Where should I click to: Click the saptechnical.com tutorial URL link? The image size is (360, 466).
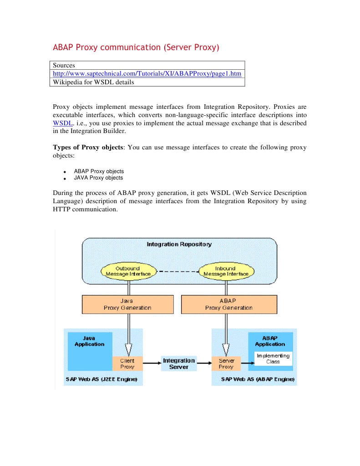pos(147,73)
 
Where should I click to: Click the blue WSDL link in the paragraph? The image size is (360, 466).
pos(62,123)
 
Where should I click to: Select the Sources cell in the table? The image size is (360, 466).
pos(64,65)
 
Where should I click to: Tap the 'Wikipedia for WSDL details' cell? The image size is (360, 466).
pos(93,82)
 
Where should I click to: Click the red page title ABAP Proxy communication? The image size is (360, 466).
pos(136,47)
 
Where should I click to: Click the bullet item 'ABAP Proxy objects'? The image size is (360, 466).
pos(99,171)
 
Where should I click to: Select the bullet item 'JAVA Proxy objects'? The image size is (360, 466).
pos(98,178)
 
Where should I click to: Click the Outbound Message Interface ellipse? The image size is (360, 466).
pos(127,271)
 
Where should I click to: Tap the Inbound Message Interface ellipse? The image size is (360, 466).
pos(226,271)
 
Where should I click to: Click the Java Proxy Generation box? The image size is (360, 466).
pos(127,304)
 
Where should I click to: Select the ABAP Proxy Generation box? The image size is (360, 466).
pos(228,304)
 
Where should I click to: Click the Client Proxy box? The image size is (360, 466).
pos(127,364)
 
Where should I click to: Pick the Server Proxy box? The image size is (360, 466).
pos(226,364)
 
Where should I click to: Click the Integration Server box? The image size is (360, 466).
pos(179,364)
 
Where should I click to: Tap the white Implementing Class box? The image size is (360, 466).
pos(273,358)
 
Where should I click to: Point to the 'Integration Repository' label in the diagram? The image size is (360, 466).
pos(179,244)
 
